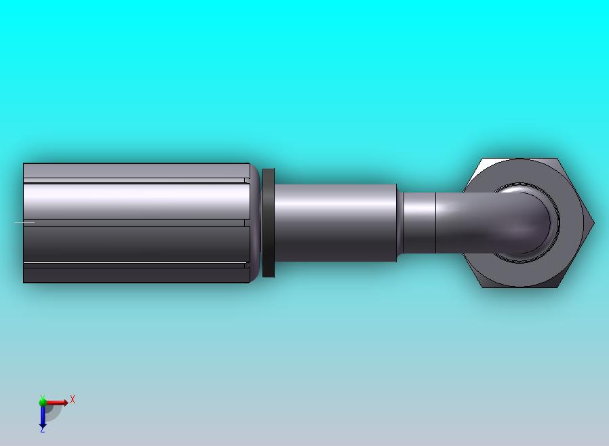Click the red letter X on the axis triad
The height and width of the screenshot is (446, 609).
coord(73,399)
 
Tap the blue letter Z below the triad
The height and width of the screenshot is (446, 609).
coord(42,430)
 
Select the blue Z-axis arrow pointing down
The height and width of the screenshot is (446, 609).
coord(43,415)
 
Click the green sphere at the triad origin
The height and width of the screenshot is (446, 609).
coord(42,402)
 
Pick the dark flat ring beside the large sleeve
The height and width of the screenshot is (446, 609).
coord(269,223)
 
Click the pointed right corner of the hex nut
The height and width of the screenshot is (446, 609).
coord(593,223)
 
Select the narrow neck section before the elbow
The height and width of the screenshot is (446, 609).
coord(418,223)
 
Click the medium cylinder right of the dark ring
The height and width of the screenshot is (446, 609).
coord(336,223)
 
